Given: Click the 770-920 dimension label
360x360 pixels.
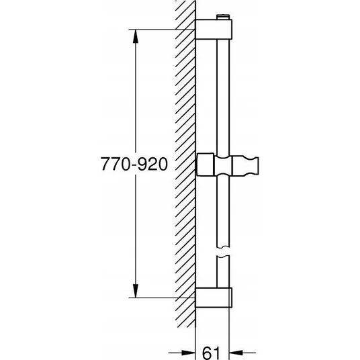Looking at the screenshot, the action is point(134,164).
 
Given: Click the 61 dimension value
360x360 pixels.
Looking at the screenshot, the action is point(211,353).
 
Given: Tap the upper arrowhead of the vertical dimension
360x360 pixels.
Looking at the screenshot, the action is point(136,36).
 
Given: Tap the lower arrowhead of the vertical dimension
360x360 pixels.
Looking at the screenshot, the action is point(136,291).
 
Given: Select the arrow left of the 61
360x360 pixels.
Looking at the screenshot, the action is point(182,353).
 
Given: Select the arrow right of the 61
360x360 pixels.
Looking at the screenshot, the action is point(242,353).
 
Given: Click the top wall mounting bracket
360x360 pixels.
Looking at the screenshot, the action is point(214,29).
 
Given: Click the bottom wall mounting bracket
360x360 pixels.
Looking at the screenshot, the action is point(214,298).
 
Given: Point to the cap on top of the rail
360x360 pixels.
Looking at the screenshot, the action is point(223,17).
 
